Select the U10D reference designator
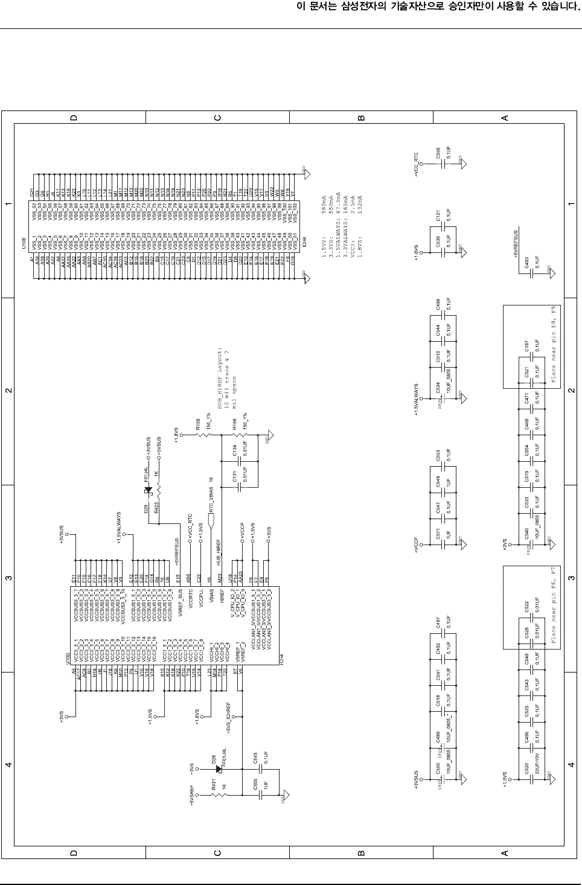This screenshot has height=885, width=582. pyautogui.click(x=68, y=660)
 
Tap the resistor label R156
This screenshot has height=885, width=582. pyautogui.click(x=198, y=426)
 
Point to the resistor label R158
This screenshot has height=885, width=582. pyautogui.click(x=234, y=426)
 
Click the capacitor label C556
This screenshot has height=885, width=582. pyautogui.click(x=437, y=153)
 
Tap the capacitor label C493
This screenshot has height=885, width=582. pyautogui.click(x=526, y=262)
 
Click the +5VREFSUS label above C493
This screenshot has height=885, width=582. pyautogui.click(x=515, y=243)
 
